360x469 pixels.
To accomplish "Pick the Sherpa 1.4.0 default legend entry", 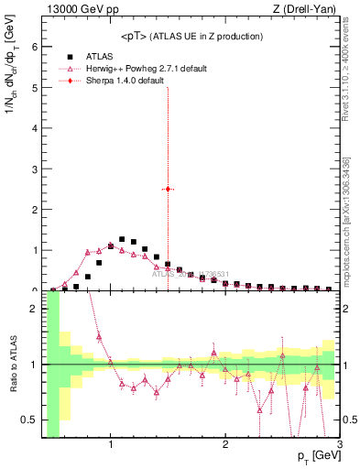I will [125, 81].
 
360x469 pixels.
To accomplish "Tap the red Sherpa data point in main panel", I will [168, 189].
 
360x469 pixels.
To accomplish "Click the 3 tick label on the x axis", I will [340, 445].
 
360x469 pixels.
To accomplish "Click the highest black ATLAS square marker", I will [122, 239].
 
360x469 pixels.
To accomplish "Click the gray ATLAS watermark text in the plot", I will [189, 273].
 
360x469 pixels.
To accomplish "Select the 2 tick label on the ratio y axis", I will [33, 309].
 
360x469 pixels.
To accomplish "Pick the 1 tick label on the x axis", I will [111, 445].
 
